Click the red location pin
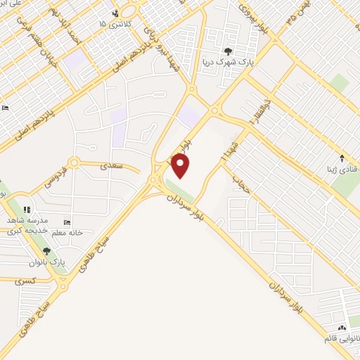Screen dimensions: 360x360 coord(181,165)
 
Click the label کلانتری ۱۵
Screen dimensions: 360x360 coord(113,25)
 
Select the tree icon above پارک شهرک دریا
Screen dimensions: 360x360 coord(228,51)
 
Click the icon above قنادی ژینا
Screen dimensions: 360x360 coord(342,159)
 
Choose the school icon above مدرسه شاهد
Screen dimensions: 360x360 coord(27,209)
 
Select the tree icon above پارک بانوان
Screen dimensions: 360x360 coord(46,251)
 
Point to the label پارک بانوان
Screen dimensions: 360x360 coord(51,262)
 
